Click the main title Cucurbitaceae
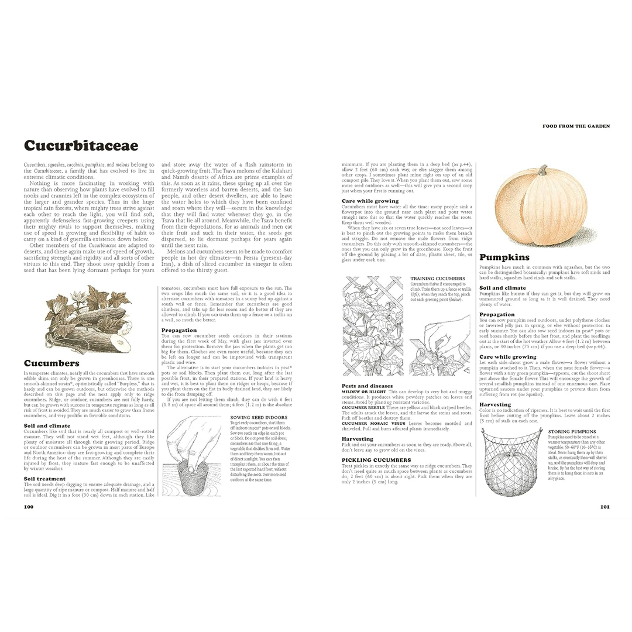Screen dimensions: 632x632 81,146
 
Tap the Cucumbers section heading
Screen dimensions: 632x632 51,363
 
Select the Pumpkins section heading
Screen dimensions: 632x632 504,257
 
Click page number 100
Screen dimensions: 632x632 29,507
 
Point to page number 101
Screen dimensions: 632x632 604,507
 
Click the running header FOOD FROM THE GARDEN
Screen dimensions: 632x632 576,126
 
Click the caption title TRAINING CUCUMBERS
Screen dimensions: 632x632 438,278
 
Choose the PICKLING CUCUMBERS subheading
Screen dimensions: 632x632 376,460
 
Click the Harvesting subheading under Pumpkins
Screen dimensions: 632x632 495,404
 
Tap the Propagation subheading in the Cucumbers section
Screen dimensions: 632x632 179,330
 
